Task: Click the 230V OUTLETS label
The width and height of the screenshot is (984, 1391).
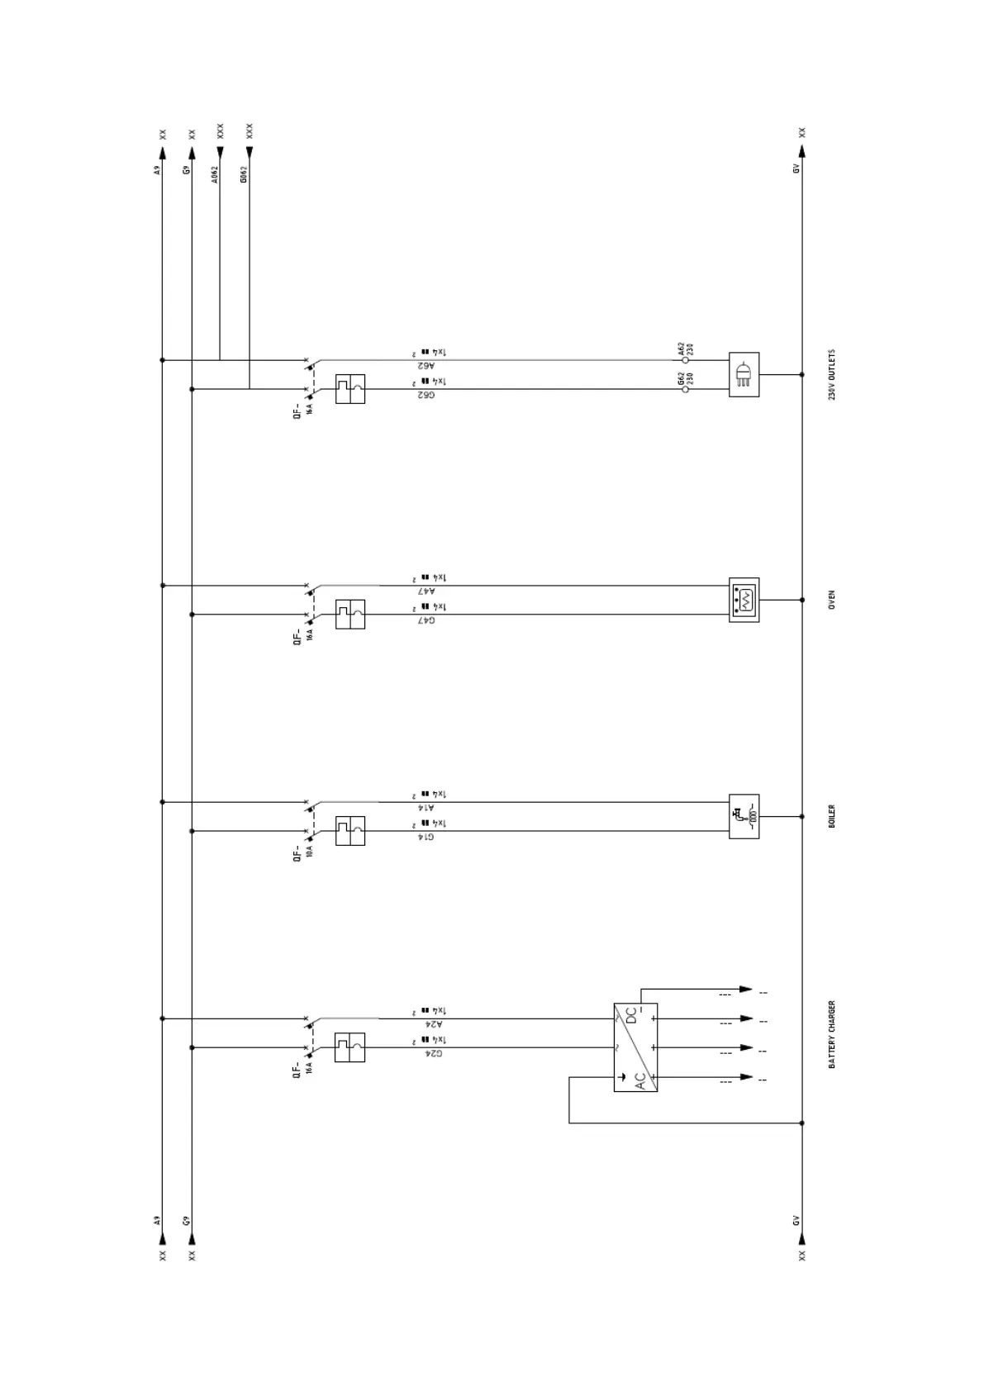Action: pos(832,375)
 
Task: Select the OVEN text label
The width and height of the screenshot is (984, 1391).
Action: pos(832,600)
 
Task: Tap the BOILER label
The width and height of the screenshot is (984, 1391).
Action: pos(832,816)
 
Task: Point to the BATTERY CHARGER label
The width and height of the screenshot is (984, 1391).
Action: pos(832,1034)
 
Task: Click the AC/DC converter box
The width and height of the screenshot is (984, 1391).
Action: pos(635,1047)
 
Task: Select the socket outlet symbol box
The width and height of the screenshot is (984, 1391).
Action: pos(744,375)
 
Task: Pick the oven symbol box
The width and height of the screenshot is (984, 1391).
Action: pos(744,600)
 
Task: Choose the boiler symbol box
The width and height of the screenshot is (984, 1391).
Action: pos(744,816)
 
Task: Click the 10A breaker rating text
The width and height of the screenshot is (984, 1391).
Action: pos(309,851)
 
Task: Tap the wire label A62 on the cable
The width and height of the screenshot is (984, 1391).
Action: pos(425,364)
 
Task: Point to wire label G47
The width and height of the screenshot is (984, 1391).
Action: pos(425,620)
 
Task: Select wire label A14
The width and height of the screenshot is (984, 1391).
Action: pos(425,807)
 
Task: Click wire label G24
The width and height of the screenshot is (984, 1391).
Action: pos(433,1053)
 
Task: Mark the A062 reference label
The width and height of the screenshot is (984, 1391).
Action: pos(215,174)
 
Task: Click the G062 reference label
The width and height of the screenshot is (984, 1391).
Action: pos(245,174)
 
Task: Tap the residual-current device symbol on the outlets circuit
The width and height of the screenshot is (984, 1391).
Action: pos(350,389)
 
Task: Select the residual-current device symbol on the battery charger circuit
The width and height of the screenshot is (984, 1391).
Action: pos(349,1047)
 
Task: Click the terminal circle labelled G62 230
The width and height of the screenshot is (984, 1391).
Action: pos(685,389)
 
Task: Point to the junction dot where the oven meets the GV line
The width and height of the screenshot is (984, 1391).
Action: pos(801,600)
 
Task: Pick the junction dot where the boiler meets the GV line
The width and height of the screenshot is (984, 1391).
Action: pos(801,816)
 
